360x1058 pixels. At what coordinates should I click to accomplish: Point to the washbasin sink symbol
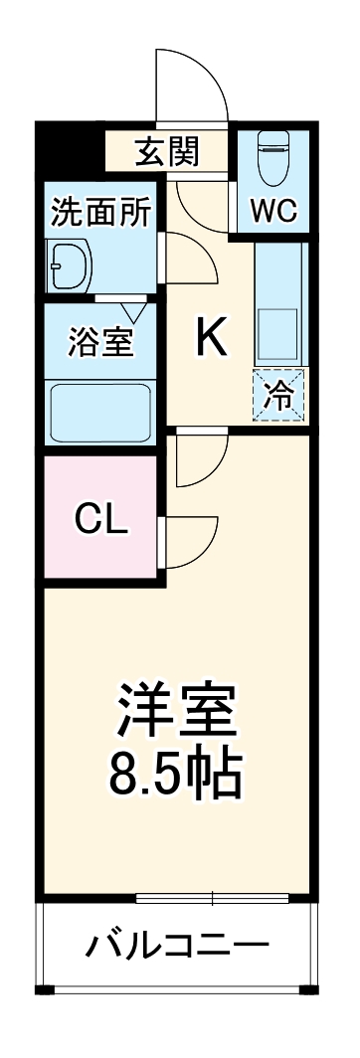click(x=70, y=266)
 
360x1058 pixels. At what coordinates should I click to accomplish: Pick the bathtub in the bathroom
click(x=99, y=409)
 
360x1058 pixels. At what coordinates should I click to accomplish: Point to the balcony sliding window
click(x=213, y=899)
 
